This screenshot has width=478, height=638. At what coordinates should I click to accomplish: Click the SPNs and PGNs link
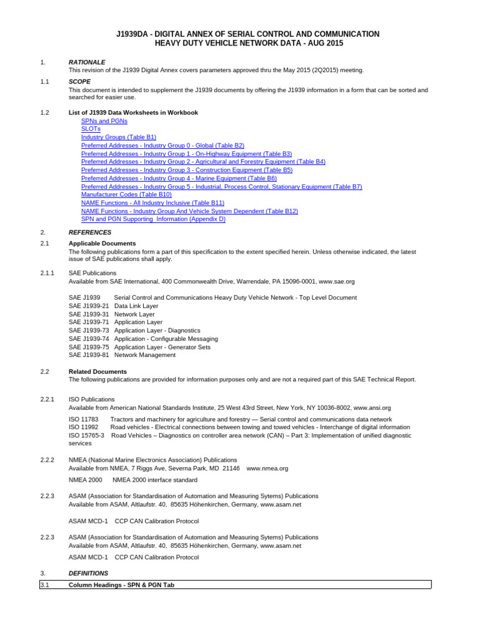pos(104,121)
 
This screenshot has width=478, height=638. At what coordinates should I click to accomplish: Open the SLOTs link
pos(91,129)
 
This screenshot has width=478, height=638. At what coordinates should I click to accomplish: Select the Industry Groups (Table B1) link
pos(118,137)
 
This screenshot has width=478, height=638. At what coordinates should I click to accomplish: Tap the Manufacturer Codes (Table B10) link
pos(126,194)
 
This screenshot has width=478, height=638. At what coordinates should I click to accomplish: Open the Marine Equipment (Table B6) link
pos(179,178)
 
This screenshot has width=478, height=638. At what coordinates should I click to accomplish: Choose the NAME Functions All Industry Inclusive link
pos(152,202)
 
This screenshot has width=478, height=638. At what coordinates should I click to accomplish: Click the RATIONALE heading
pos(87,62)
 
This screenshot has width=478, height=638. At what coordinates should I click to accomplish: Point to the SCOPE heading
pos(80,82)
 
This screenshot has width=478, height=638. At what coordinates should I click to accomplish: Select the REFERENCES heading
pos(90,232)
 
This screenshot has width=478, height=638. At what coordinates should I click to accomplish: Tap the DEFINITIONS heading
pos(88,573)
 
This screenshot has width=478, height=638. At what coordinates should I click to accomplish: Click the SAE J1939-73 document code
pos(88,330)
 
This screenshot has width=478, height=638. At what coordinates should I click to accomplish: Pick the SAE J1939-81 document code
pos(88,355)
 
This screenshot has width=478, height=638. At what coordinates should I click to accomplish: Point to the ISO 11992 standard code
pos(83,427)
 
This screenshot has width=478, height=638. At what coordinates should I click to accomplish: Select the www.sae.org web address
pos(336,282)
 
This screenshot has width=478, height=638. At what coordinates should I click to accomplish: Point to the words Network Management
pos(145,355)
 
